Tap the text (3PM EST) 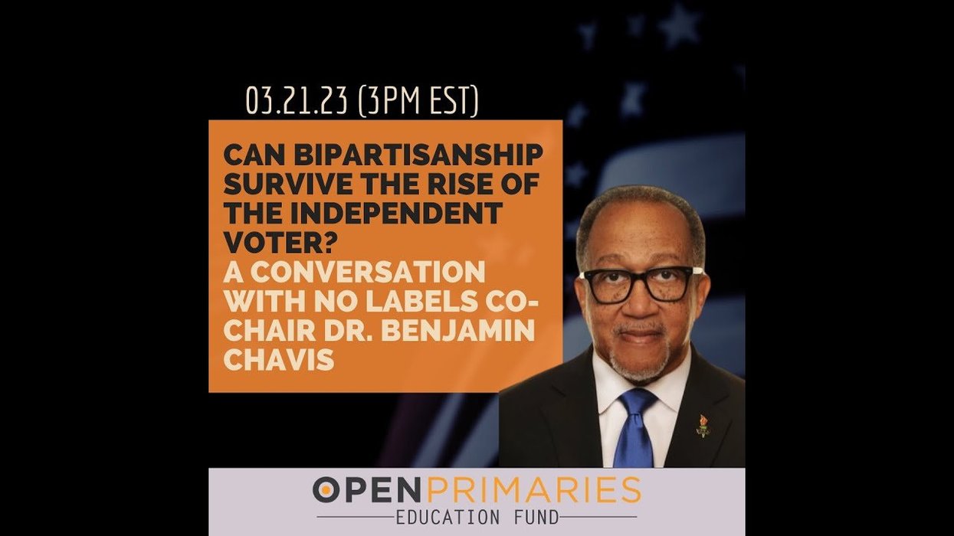(418, 101)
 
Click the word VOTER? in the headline (265, 242)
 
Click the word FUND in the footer (536, 518)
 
